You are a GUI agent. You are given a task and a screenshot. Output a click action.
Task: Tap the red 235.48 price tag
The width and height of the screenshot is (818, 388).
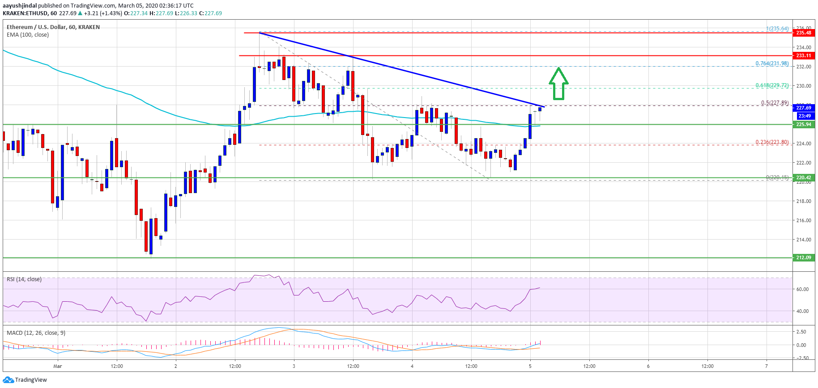[803, 33]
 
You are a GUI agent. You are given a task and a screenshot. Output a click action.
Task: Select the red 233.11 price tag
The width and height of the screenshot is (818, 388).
[803, 55]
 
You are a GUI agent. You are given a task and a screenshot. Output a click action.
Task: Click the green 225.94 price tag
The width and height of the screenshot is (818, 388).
[803, 124]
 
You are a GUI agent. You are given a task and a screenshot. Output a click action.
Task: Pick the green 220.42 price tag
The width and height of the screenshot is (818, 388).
[803, 177]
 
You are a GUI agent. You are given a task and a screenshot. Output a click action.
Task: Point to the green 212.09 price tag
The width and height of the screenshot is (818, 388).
[803, 257]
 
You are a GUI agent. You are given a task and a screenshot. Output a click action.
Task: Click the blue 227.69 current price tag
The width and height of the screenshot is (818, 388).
[803, 108]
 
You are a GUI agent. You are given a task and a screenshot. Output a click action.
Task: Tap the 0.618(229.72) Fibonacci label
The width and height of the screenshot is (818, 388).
[772, 85]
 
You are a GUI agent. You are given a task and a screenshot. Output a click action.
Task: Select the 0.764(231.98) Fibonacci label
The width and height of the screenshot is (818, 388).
[772, 63]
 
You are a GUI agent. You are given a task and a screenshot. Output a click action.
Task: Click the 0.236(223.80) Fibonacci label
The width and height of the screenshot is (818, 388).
[772, 142]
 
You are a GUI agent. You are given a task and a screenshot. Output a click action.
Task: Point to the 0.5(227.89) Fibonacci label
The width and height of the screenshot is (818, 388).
[775, 103]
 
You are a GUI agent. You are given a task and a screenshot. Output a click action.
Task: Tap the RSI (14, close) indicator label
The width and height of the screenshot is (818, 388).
[24, 279]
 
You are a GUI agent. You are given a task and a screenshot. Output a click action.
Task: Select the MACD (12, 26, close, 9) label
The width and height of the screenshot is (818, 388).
[36, 333]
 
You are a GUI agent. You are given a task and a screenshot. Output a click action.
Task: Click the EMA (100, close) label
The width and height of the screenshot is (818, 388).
[28, 35]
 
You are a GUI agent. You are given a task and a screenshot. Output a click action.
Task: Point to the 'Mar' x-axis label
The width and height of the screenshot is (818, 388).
[58, 366]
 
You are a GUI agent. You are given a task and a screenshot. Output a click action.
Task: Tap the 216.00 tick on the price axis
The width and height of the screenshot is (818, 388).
[803, 220]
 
